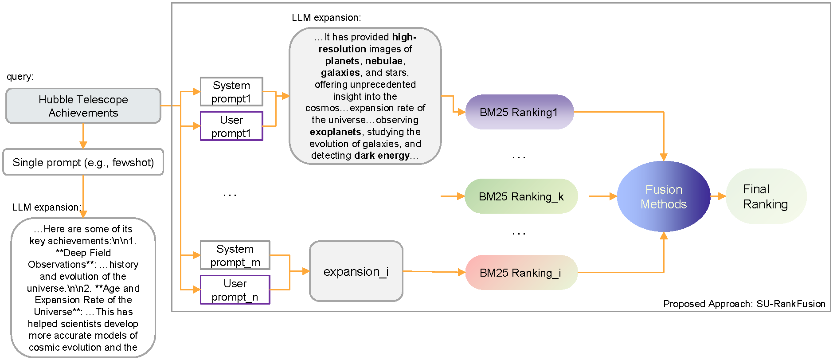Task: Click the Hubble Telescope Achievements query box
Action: [83, 106]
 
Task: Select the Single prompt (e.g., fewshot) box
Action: [83, 162]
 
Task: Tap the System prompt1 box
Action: [231, 92]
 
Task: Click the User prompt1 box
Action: [231, 126]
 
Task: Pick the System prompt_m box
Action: [235, 255]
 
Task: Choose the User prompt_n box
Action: [235, 290]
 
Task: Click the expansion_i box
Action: [356, 271]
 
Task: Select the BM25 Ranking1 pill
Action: [519, 112]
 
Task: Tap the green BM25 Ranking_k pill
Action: [521, 196]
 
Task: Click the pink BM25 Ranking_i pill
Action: [521, 273]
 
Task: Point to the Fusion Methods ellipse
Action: [663, 196]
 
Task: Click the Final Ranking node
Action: [765, 196]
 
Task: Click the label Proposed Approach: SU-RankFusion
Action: [744, 304]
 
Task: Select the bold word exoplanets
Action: [336, 132]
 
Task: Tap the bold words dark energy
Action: [382, 156]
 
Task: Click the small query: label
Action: [20, 77]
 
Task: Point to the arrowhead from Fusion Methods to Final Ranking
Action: [722, 196]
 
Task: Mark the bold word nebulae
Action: [383, 61]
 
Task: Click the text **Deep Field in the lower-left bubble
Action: [83, 253]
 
